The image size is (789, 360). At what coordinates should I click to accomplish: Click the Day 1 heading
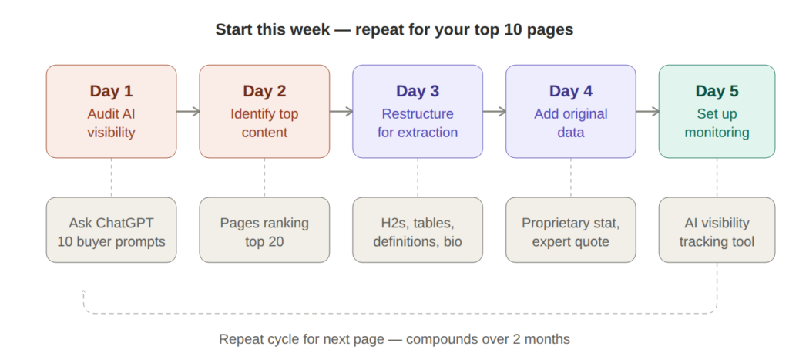(x=111, y=91)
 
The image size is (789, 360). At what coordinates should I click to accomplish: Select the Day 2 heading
(x=264, y=91)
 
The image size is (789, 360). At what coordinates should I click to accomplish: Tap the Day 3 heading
(x=418, y=91)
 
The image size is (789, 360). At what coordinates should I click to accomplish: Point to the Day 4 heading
(x=571, y=91)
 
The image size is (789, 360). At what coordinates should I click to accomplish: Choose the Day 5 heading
(x=717, y=91)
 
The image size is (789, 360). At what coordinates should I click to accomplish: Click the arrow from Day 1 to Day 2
(x=188, y=112)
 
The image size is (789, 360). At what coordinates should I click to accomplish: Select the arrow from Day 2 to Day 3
(x=341, y=112)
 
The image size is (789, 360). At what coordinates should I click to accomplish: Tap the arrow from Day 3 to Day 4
(x=495, y=112)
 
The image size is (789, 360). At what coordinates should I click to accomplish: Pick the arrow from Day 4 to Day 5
(x=648, y=112)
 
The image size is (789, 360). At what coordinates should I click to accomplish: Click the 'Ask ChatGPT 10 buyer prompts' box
(x=111, y=230)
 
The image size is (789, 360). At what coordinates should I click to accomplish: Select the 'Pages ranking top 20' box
(x=264, y=230)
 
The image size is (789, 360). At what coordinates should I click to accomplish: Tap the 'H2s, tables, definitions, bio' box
(x=418, y=230)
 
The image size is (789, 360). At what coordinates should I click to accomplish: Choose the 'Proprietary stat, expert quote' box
(x=571, y=230)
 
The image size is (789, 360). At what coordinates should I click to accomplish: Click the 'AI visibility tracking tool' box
(x=717, y=230)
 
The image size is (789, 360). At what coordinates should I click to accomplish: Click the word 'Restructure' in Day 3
(x=418, y=114)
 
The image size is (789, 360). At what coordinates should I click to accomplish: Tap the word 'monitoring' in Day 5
(x=717, y=133)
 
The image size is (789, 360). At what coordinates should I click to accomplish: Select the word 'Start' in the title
(x=232, y=30)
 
